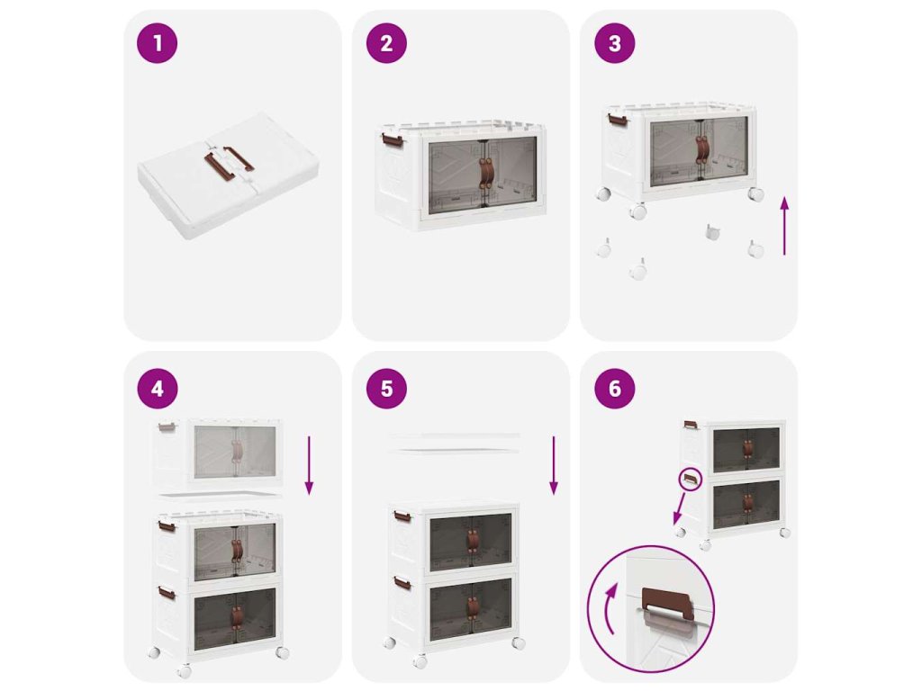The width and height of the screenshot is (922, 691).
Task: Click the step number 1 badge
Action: pyautogui.click(x=157, y=43)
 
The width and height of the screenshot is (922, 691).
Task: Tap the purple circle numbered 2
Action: pyautogui.click(x=386, y=43)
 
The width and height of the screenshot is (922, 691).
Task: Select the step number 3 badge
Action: pyautogui.click(x=614, y=43)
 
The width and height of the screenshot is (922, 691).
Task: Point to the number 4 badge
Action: pyautogui.click(x=157, y=389)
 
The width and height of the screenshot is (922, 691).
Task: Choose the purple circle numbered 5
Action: pyautogui.click(x=386, y=389)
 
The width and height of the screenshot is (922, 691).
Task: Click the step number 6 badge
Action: pyautogui.click(x=614, y=389)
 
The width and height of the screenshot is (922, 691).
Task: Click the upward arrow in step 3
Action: pyautogui.click(x=784, y=226)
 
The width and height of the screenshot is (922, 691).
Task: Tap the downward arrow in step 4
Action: pyautogui.click(x=310, y=465)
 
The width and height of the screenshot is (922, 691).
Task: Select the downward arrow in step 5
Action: pyautogui.click(x=554, y=465)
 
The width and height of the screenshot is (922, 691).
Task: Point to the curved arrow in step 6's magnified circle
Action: pyautogui.click(x=609, y=608)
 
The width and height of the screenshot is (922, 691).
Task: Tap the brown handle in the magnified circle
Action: pyautogui.click(x=665, y=602)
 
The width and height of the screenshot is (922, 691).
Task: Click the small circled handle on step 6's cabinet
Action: pyautogui.click(x=691, y=480)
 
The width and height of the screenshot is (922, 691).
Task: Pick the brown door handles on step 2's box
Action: pyautogui.click(x=486, y=174)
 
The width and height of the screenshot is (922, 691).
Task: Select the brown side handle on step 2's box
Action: pyautogui.click(x=392, y=141)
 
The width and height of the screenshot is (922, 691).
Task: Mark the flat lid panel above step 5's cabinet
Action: pyautogui.click(x=455, y=443)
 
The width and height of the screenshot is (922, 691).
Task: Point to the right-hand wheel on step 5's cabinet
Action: pyautogui.click(x=518, y=642)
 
